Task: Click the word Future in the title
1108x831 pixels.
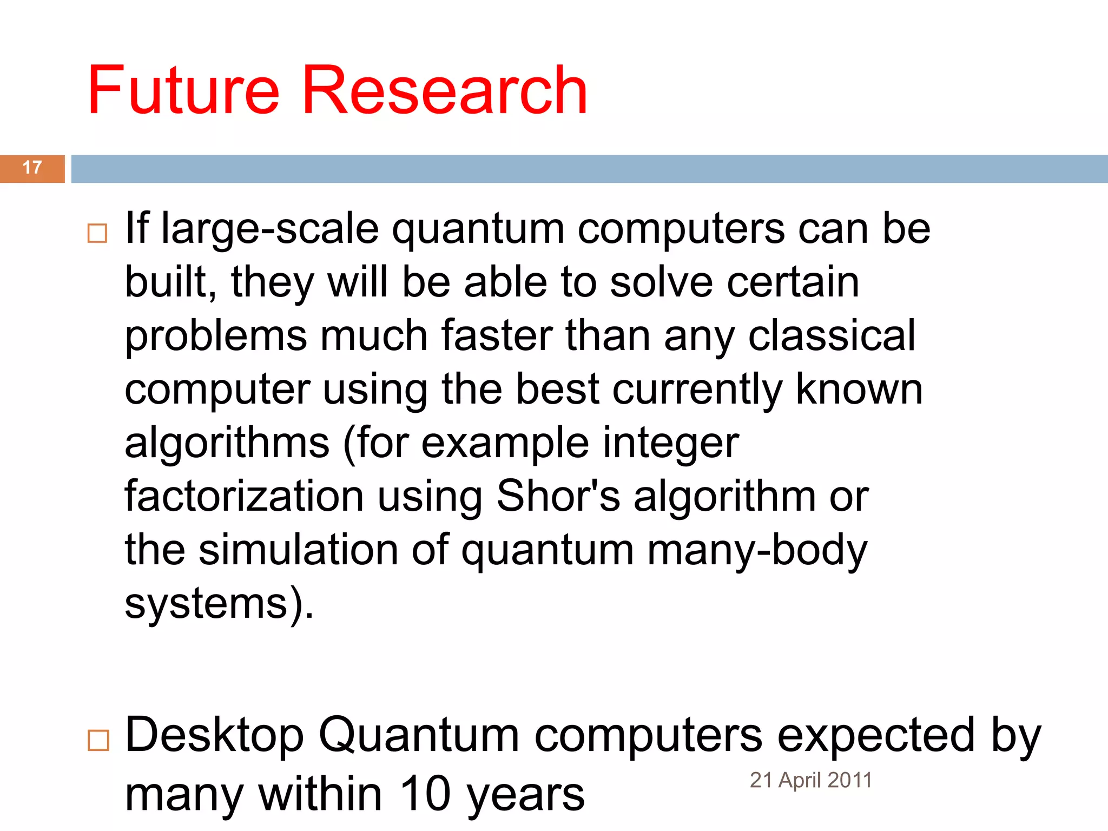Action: coord(183,90)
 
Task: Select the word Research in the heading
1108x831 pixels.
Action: coord(445,90)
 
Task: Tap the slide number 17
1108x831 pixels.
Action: coord(32,168)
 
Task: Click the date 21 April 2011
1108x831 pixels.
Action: coord(810,780)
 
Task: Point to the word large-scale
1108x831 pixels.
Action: coord(270,229)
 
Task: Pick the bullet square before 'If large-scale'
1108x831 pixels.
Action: coord(97,233)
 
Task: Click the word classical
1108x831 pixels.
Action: coord(832,335)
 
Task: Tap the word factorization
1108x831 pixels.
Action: coord(244,496)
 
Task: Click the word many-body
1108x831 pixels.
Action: coord(757,551)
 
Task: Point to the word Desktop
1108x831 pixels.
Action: coord(214,736)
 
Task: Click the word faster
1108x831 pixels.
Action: coord(497,335)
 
